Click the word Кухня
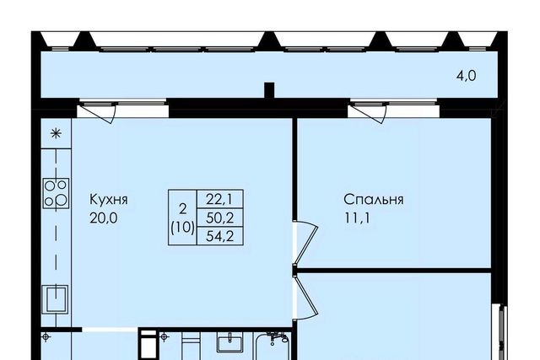click(109, 200)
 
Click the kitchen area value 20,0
click(103, 218)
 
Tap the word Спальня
click(374, 200)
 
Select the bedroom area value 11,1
click(357, 218)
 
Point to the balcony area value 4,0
click(467, 76)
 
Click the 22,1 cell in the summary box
click(219, 199)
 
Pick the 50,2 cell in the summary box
click(219, 218)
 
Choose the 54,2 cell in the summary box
click(219, 236)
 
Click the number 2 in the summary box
click(182, 208)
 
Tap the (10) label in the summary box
click(182, 228)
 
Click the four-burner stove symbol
click(56, 193)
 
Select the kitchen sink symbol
click(55, 299)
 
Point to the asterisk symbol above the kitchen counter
click(56, 133)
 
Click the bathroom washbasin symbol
click(229, 341)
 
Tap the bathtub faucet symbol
click(278, 337)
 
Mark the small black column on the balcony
click(269, 90)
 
